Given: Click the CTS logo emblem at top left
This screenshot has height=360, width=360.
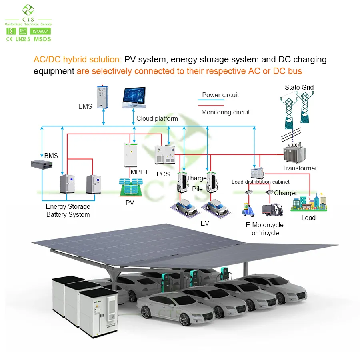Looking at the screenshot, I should (x=28, y=10).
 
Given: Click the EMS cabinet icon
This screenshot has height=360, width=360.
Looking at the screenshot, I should (x=103, y=97).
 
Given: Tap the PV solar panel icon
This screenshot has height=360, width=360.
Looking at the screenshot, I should (x=130, y=187).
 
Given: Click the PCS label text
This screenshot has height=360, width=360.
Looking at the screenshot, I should (x=163, y=174).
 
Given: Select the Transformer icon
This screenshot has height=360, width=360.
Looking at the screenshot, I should (x=294, y=153).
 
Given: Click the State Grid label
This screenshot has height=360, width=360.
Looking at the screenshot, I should (x=299, y=87).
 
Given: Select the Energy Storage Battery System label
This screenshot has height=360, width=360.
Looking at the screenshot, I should (x=68, y=210).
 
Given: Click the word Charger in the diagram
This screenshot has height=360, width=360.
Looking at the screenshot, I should (x=285, y=193).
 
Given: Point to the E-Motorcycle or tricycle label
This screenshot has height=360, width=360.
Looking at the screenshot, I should (x=264, y=229).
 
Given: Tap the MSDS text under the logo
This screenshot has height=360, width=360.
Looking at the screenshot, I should (x=42, y=39).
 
